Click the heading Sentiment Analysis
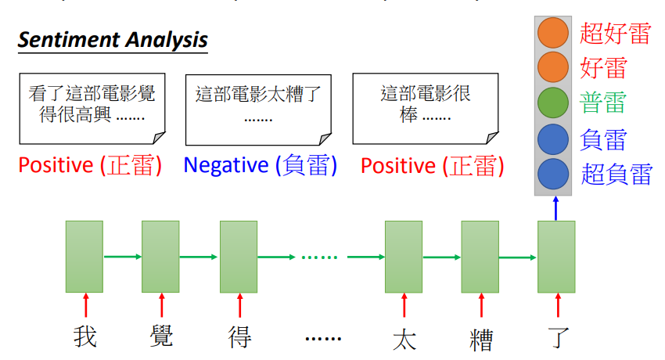tap(113, 40)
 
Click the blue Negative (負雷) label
tap(261, 165)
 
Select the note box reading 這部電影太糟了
tap(258, 110)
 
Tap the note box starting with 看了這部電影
tap(92, 109)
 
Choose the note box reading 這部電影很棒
tap(426, 109)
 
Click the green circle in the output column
tap(553, 103)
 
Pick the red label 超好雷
tap(615, 33)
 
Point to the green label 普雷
tap(602, 103)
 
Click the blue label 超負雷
tap(616, 174)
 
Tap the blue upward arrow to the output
tap(556, 208)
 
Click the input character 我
tap(84, 337)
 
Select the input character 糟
tap(481, 340)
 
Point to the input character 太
tap(404, 340)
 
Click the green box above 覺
tap(160, 257)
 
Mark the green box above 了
tap(556, 257)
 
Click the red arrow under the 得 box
tap(240, 305)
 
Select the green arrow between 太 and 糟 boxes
tap(441, 257)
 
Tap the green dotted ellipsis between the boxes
tap(319, 257)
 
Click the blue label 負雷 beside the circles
tap(603, 139)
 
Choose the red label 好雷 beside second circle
tap(603, 68)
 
